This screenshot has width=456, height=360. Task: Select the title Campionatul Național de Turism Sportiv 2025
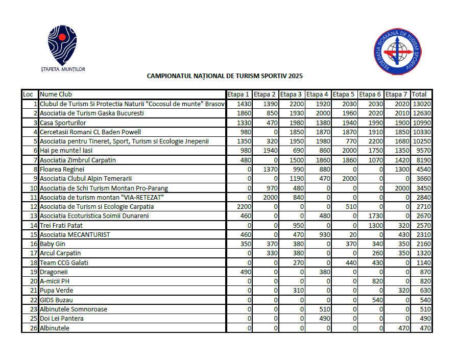pos(225,76)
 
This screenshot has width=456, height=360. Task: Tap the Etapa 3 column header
pos(292,94)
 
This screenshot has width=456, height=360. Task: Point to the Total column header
pos(420,94)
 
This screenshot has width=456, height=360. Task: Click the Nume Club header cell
pos(56,94)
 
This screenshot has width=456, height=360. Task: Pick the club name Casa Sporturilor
pos(63,123)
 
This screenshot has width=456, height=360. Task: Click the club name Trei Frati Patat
pos(61,225)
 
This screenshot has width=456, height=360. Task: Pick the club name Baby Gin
pos(52,244)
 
